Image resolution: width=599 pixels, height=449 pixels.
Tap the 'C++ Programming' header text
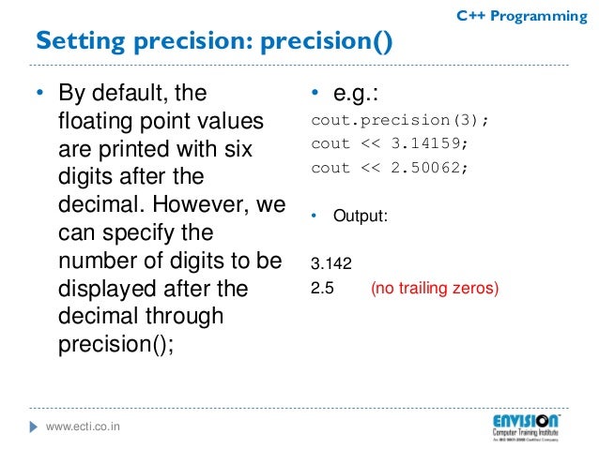pyautogui.click(x=521, y=16)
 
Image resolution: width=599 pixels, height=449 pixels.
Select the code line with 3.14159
pyautogui.click(x=390, y=144)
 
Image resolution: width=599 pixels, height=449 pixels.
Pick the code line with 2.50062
pyautogui.click(x=390, y=168)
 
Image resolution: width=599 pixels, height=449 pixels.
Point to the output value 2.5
pyautogui.click(x=322, y=289)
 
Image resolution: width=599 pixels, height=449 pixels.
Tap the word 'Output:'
pyautogui.click(x=361, y=216)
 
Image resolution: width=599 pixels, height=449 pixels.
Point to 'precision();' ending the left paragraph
pyautogui.click(x=116, y=343)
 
